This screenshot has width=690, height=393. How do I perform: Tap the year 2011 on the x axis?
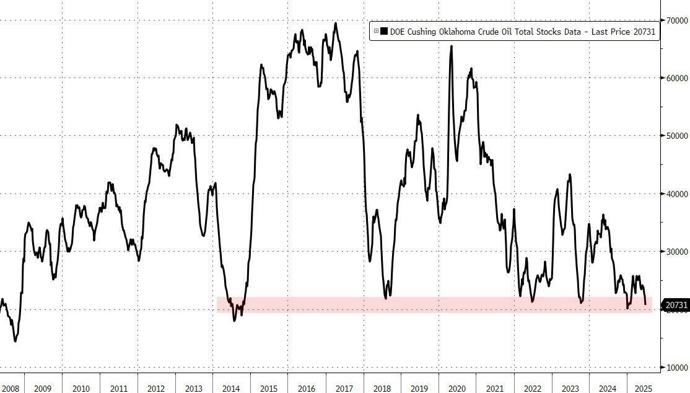pyautogui.click(x=118, y=388)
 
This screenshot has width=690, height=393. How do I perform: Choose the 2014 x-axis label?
pyautogui.click(x=231, y=388)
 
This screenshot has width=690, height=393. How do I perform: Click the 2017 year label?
pyautogui.click(x=344, y=388)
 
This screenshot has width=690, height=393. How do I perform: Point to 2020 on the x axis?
pyautogui.click(x=457, y=388)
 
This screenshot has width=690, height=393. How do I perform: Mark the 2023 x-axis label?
pyautogui.click(x=570, y=388)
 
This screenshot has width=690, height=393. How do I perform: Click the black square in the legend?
pyautogui.click(x=384, y=31)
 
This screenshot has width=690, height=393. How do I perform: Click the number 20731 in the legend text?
pyautogui.click(x=644, y=31)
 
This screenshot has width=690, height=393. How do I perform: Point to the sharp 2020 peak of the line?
pyautogui.click(x=451, y=46)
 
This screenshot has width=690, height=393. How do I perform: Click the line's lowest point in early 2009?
pyautogui.click(x=15, y=341)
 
